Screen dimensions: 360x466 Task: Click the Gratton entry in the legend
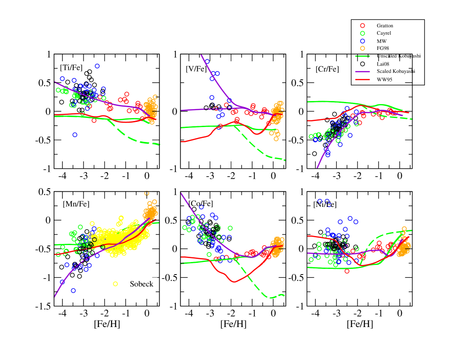(x=385, y=26)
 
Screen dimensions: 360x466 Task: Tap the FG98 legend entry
(x=382, y=48)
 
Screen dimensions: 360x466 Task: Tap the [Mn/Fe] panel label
(x=72, y=204)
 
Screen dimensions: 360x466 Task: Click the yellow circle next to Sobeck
(x=116, y=284)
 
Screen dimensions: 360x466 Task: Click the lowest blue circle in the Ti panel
(x=75, y=135)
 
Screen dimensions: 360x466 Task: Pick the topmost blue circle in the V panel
(x=207, y=61)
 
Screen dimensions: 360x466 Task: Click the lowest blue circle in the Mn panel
(x=73, y=290)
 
